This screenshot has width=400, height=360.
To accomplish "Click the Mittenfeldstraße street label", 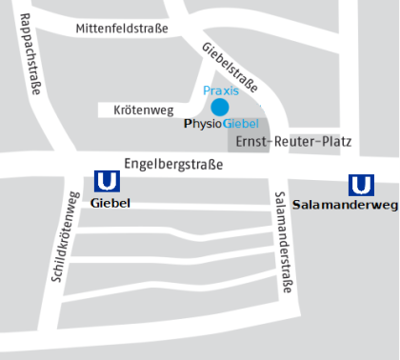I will click(121, 29).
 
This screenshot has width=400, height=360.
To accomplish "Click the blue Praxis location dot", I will click(220, 107).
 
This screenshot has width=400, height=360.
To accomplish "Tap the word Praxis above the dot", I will click(221, 90).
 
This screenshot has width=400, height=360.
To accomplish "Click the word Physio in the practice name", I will click(202, 124).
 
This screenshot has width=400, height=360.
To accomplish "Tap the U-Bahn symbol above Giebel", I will click(108, 181).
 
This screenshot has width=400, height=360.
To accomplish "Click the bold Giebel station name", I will click(109, 202).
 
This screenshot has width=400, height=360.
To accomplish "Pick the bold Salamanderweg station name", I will click(346, 205).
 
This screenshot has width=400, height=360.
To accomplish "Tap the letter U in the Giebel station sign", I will click(108, 181).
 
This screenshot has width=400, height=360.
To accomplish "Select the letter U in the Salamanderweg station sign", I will click(361, 184).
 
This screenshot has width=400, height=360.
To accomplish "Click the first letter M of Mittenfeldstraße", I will click(80, 29).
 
